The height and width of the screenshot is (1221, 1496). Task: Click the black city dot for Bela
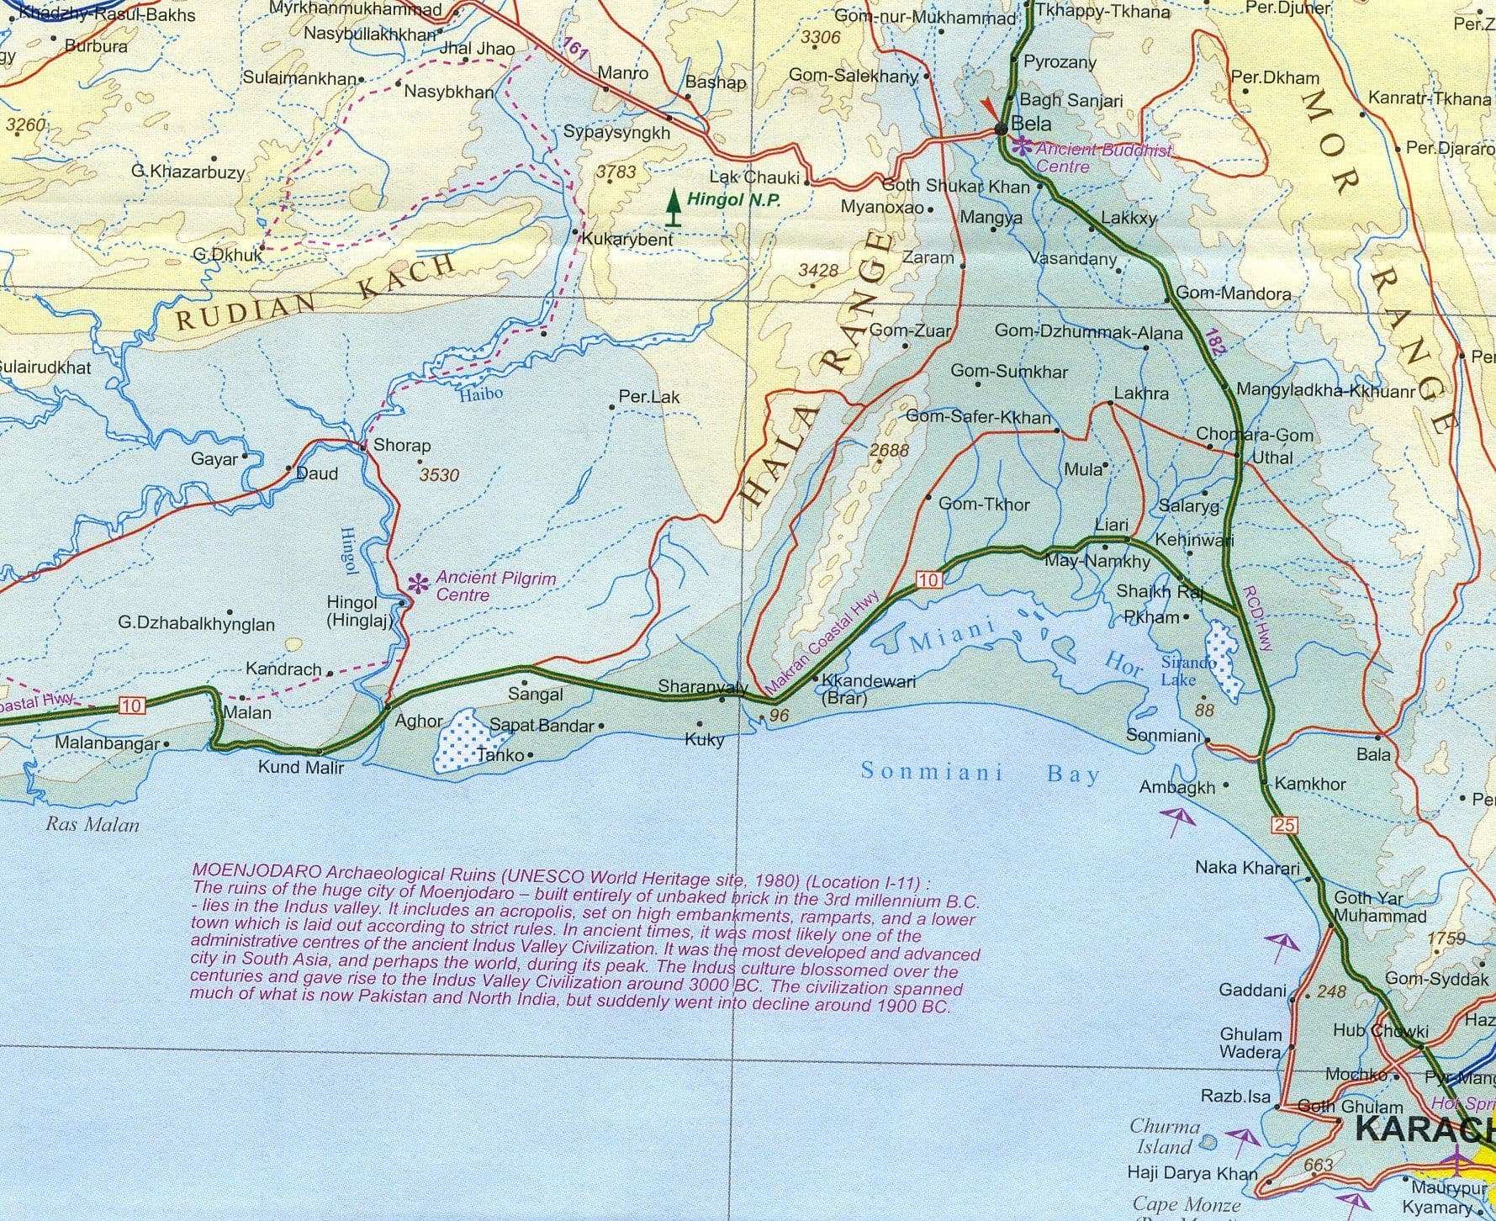pyautogui.click(x=1001, y=129)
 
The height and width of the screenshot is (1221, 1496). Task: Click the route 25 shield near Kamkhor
pyautogui.click(x=1284, y=825)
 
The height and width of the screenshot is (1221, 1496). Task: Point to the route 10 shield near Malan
pyautogui.click(x=132, y=706)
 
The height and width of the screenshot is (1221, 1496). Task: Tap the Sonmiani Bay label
pyautogui.click(x=980, y=772)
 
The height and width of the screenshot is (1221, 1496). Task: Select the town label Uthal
pyautogui.click(x=1272, y=458)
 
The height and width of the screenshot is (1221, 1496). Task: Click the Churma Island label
pyautogui.click(x=1164, y=1136)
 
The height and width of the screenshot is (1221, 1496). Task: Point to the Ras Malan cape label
pyautogui.click(x=93, y=824)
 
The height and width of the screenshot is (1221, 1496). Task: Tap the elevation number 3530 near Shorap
pyautogui.click(x=439, y=475)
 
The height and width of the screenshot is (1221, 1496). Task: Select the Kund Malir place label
pyautogui.click(x=300, y=767)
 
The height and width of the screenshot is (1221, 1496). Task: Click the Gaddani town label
pyautogui.click(x=1252, y=991)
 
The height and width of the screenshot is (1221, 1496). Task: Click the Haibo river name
pyautogui.click(x=481, y=394)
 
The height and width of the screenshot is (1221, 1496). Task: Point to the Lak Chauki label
pyautogui.click(x=754, y=177)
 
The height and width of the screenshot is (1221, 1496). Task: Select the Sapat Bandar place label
pyautogui.click(x=542, y=725)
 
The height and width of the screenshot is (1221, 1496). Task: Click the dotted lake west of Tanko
pyautogui.click(x=455, y=740)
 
